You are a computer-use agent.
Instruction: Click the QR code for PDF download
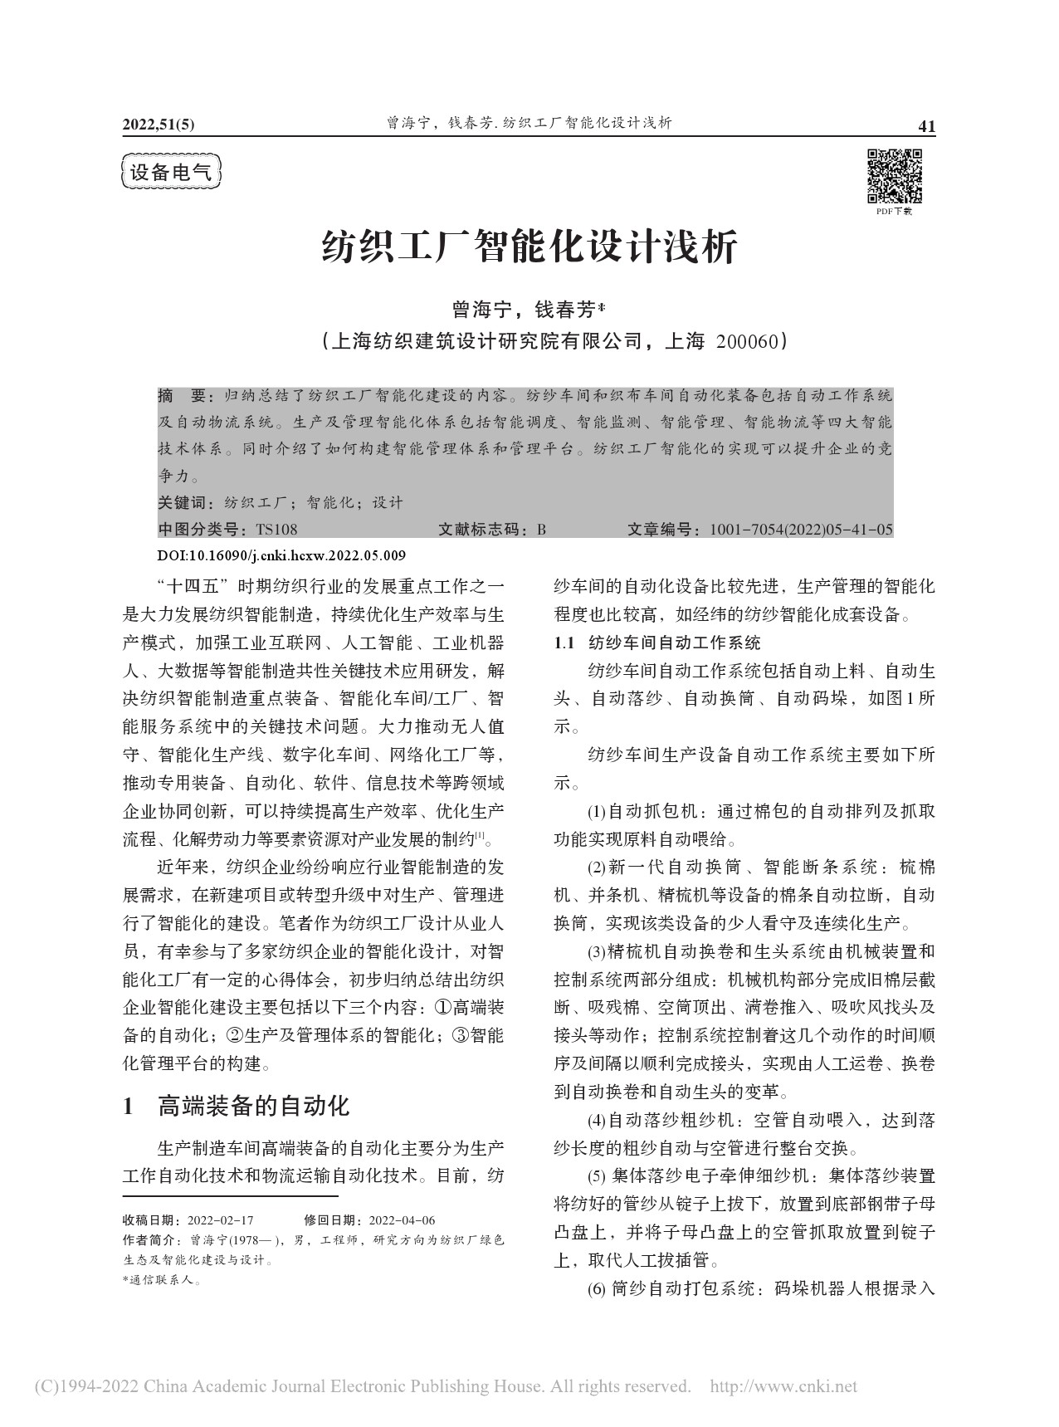coord(895,176)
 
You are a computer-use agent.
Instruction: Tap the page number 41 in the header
coord(926,126)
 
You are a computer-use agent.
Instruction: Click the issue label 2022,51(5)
coord(158,125)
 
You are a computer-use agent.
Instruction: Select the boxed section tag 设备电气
coord(172,173)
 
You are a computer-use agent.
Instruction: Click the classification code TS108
coord(277,530)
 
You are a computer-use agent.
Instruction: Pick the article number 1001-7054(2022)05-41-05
coord(801,530)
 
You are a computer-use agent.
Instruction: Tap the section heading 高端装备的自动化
coord(253,1105)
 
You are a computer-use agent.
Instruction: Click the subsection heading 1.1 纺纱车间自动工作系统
coord(656,643)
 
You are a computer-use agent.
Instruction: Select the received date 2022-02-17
coord(220,1220)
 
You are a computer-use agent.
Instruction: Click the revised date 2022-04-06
coord(402,1220)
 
